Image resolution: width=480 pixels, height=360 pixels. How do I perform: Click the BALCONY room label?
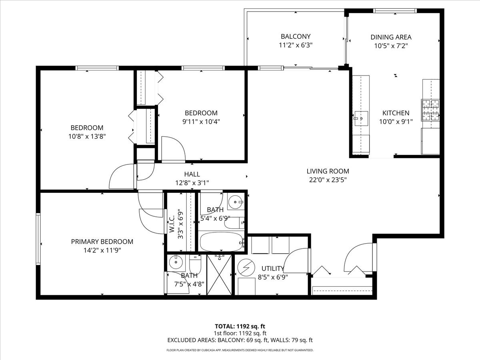pyautogui.click(x=295, y=36)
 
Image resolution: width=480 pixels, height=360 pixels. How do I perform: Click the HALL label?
pyautogui.click(x=192, y=174)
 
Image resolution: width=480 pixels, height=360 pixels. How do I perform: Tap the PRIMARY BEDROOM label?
pyautogui.click(x=102, y=242)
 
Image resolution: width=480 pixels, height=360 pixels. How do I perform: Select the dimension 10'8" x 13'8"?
pyautogui.click(x=87, y=136)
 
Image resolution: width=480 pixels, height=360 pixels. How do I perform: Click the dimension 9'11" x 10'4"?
pyautogui.click(x=201, y=122)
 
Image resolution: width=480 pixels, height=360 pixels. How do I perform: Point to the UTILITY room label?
pyautogui.click(x=272, y=268)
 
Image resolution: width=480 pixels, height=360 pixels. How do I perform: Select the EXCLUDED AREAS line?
pyautogui.click(x=240, y=340)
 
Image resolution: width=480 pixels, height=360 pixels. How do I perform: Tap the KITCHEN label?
pyautogui.click(x=395, y=113)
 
